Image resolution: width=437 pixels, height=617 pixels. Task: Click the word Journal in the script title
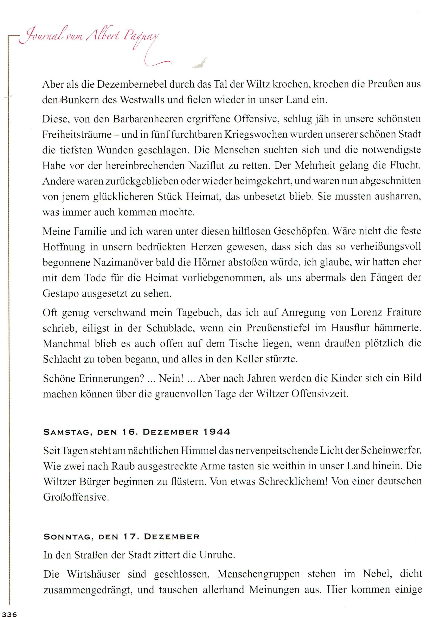coord(41,37)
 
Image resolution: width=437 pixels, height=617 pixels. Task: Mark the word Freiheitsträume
coord(77,134)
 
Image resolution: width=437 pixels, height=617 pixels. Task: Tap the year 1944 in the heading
coord(217,432)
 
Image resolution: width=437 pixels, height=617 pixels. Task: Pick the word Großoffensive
coord(76,497)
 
